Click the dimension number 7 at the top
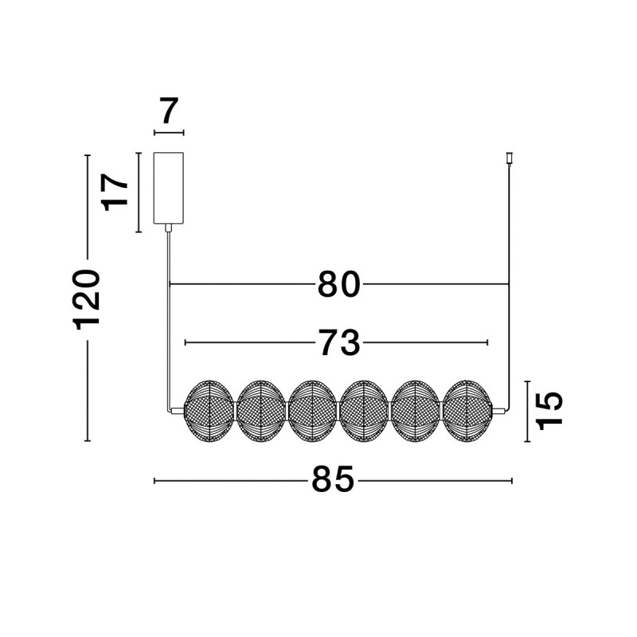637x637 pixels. coord(170,111)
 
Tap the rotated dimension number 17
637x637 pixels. coord(115,193)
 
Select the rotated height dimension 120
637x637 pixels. coord(86,299)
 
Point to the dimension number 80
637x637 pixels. coord(339,284)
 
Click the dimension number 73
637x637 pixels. coord(339,342)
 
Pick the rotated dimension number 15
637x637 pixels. coord(549,411)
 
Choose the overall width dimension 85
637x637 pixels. coord(333,479)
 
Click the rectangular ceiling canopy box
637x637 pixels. coord(168,188)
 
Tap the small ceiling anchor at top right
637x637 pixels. coord(509,158)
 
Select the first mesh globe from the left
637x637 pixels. coord(209,411)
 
